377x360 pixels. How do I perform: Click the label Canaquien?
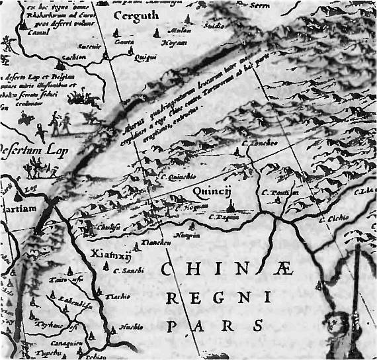(x=62, y=343)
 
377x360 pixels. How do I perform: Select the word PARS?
(x=215, y=326)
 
